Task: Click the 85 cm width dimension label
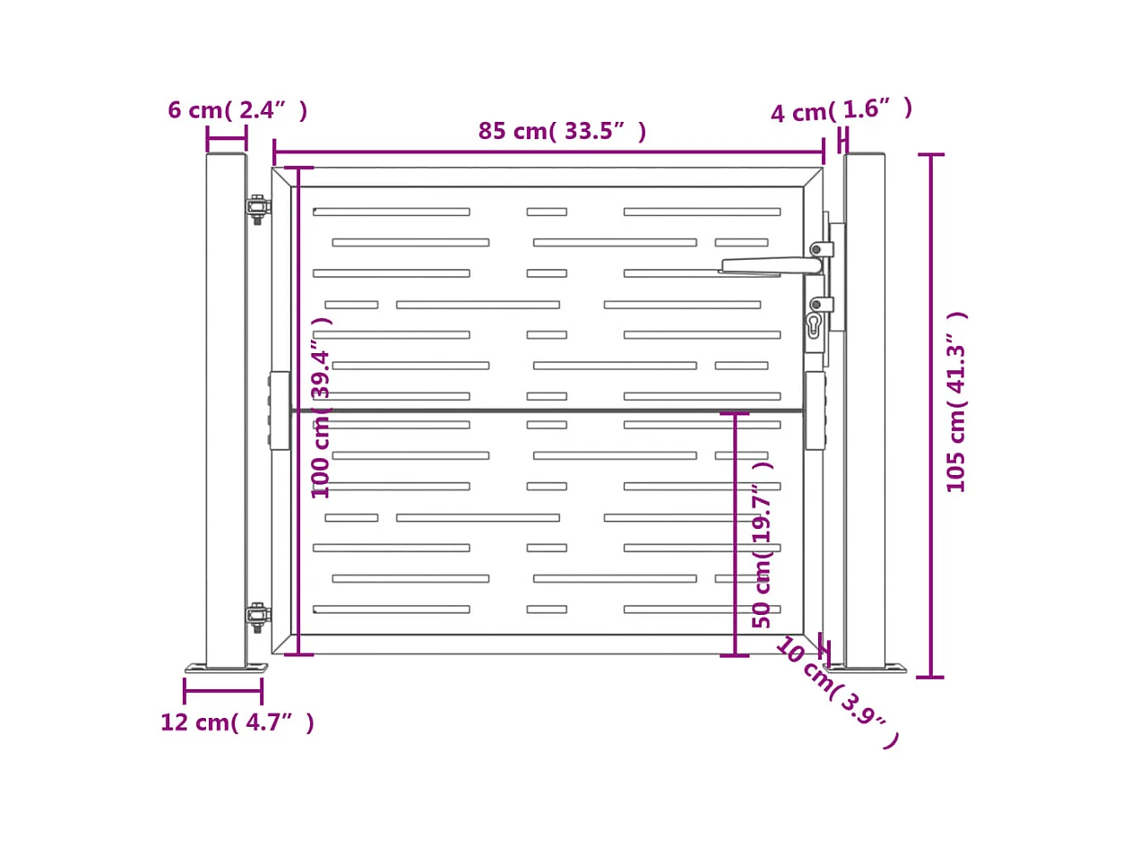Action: [562, 131]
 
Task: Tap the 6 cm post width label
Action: [237, 110]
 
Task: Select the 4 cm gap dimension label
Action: [841, 110]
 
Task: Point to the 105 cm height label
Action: [957, 402]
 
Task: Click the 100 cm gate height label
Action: [321, 408]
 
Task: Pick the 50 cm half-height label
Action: [762, 545]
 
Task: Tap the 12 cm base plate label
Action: [237, 722]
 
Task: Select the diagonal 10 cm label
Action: [836, 692]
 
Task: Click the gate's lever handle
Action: [771, 265]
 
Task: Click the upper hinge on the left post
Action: [258, 208]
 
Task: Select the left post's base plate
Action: [226, 669]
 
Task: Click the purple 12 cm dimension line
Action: [223, 691]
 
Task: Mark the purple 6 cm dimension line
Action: [226, 139]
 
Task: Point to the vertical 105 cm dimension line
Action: [930, 415]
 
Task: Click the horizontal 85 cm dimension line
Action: [548, 152]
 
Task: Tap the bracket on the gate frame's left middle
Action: [279, 411]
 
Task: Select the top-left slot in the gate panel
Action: [391, 212]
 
